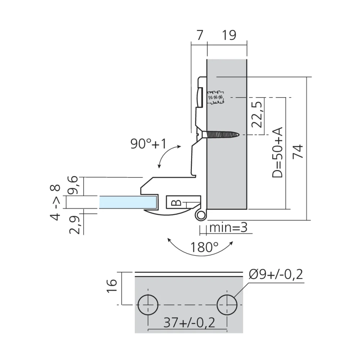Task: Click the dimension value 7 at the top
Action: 199,35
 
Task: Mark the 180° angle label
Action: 204,247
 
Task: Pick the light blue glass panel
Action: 128,202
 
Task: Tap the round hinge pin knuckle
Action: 201,215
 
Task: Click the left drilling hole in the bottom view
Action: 148,305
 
